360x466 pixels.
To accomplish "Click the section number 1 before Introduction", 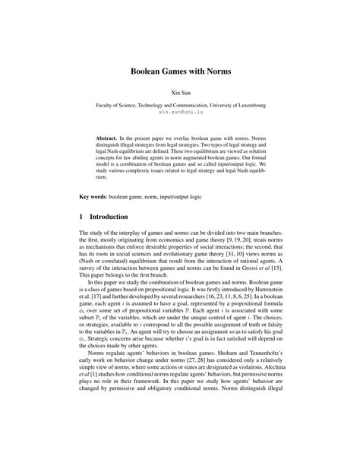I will [82, 236].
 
